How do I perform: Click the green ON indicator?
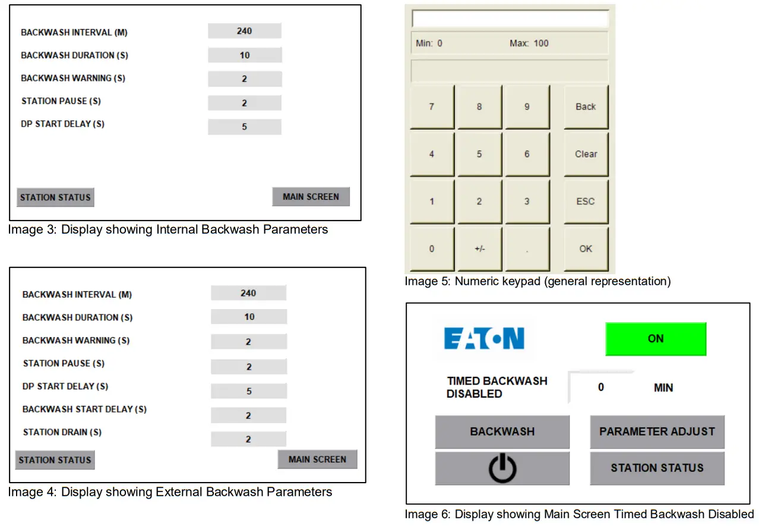(656, 339)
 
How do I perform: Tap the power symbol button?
(502, 468)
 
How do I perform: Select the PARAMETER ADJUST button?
(657, 432)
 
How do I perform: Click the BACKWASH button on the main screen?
(502, 432)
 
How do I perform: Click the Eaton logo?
(485, 339)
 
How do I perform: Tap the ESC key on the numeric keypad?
(586, 201)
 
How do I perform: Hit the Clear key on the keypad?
(586, 154)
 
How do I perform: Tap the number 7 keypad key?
(432, 107)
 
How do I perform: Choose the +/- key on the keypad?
(479, 249)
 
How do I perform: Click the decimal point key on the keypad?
(527, 249)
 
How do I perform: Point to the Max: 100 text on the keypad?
(529, 43)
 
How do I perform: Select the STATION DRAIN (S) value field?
(248, 439)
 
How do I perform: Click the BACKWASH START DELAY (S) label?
(84, 410)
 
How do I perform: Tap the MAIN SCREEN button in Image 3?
(311, 197)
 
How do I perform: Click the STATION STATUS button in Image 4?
(55, 460)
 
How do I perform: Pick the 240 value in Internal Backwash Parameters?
(244, 31)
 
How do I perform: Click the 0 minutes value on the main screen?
(601, 388)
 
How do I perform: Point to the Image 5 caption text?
(537, 281)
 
